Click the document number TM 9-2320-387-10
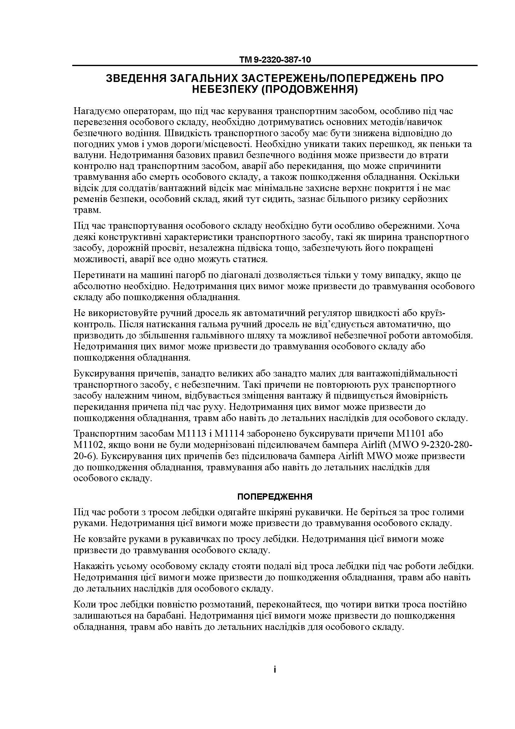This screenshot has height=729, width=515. click(275, 60)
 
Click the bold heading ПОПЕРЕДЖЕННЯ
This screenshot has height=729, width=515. click(275, 497)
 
